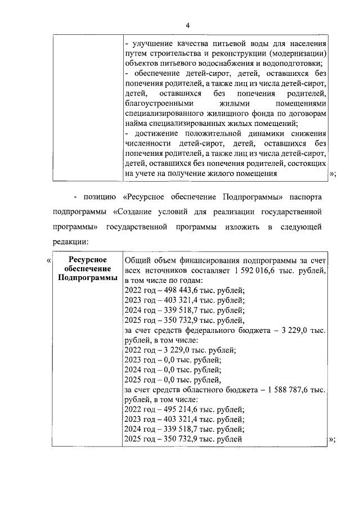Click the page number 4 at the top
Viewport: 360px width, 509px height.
188,25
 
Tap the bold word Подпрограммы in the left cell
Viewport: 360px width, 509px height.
88,278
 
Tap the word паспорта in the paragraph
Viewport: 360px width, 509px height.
305,199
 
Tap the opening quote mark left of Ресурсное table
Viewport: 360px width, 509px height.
48,260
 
